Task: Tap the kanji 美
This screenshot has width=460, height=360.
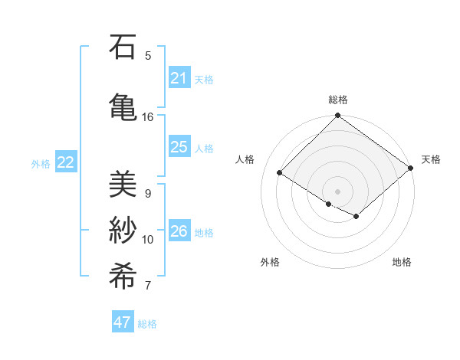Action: pos(123,185)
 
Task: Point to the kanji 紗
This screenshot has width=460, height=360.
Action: pos(123,229)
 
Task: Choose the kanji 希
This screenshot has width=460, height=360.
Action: pos(123,273)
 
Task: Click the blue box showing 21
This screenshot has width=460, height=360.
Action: pos(179,78)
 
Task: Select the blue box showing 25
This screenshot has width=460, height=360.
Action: pos(179,147)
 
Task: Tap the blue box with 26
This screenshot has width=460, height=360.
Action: pos(179,231)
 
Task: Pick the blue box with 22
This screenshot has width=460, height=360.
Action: pos(65,162)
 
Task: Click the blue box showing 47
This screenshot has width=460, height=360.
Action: pos(122,322)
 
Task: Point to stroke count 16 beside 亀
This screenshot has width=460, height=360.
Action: pos(148,117)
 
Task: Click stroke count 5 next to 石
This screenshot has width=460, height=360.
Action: pos(148,56)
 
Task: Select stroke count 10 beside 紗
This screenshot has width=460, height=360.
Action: pos(148,239)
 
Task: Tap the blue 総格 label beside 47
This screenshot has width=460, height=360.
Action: pos(148,324)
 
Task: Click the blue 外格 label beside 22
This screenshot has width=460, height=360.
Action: pos(41,163)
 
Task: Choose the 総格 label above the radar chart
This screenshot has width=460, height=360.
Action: pos(338,100)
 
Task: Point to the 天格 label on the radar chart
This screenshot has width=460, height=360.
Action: pos(431,159)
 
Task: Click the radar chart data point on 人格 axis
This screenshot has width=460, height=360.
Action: pos(280,172)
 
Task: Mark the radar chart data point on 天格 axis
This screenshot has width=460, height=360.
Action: pos(411,168)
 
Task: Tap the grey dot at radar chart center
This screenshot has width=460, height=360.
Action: pos(337,191)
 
